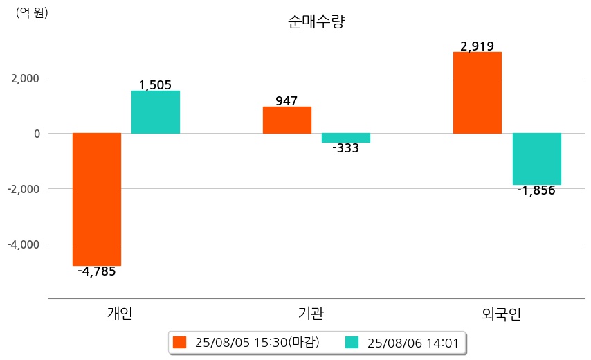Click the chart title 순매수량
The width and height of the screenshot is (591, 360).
pos(316,21)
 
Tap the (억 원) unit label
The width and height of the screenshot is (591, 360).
pos(32,12)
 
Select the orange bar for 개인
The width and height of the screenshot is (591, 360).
pos(97,199)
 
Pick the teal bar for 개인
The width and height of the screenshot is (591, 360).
pos(156,112)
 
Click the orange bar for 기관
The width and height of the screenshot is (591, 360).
pos(287,120)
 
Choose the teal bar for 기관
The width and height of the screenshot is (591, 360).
pos(346,138)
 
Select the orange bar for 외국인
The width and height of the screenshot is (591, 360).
pos(477,93)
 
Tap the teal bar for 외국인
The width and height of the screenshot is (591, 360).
pos(536,159)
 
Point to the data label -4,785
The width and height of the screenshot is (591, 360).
pos(97,271)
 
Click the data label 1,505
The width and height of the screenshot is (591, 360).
pos(156,85)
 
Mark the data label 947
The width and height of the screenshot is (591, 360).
pos(287,101)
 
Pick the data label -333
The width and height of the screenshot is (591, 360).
pos(346,148)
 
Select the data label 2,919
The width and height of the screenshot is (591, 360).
pos(477,47)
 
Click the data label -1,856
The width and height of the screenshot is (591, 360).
pos(536,190)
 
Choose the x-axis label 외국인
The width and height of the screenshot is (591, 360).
pos(501,314)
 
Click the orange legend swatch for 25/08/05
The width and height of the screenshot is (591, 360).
pos(180,342)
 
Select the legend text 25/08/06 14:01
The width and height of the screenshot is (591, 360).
pos(413,342)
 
